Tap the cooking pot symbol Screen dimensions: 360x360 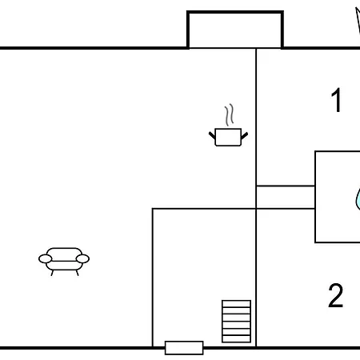coord(228,137)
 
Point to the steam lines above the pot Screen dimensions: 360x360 coord(229,114)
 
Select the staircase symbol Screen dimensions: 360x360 coord(236,322)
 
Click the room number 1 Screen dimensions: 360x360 coord(337,100)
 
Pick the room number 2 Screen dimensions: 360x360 coord(335,295)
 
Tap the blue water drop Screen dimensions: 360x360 coord(358,198)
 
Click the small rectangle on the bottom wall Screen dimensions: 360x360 coord(184,348)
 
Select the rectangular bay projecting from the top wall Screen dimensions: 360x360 coord(235,30)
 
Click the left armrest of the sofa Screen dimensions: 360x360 coord(46,258)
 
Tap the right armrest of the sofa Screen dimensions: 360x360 coord(82,258)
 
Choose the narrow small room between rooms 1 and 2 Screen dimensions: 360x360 coord(286,197)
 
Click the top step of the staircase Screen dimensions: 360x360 coord(236,304)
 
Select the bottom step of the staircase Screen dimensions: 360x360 coord(236,339)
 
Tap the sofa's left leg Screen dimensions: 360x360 coord(52,273)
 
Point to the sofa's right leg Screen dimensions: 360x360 coord(78,273)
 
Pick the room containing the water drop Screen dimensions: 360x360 coord(338,197)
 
